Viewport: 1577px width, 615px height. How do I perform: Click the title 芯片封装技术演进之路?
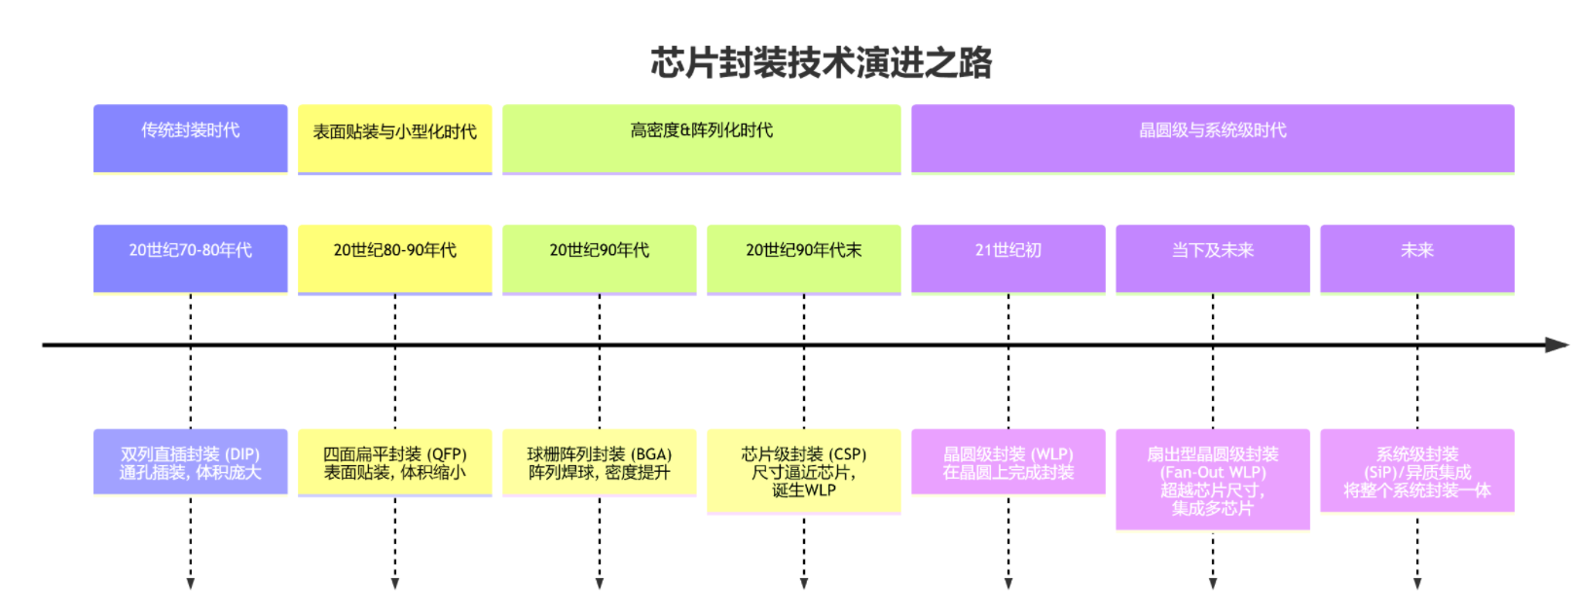pyautogui.click(x=821, y=62)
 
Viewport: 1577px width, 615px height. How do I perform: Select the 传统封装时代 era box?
pyautogui.click(x=191, y=137)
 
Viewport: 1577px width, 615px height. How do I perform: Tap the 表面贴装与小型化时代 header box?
pyautogui.click(x=395, y=138)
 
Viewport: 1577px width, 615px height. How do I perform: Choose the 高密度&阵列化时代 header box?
pyautogui.click(x=702, y=138)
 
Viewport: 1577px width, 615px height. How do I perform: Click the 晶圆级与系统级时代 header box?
pyautogui.click(x=1213, y=137)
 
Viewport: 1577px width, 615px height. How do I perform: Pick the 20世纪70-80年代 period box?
pyautogui.click(x=191, y=258)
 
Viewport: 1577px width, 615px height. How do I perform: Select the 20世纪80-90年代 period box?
pyautogui.click(x=395, y=258)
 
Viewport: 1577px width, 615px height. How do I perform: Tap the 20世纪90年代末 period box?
pyautogui.click(x=804, y=258)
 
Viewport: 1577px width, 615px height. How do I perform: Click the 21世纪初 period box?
pyautogui.click(x=1009, y=258)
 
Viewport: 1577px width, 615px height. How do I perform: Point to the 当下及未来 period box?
pyautogui.click(x=1213, y=258)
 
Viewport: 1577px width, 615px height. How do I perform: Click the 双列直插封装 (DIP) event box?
pyautogui.click(x=191, y=462)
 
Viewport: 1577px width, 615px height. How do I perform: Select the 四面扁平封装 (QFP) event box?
pyautogui.click(x=395, y=462)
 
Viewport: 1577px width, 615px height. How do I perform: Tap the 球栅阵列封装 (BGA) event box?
pyautogui.click(x=600, y=462)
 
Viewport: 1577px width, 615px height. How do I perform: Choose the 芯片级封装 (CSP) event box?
pyautogui.click(x=804, y=471)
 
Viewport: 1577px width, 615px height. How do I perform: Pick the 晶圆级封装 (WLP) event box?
pyautogui.click(x=1009, y=462)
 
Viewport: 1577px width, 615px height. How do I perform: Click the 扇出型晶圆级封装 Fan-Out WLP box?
pyautogui.click(x=1213, y=480)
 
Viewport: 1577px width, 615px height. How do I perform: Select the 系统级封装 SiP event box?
pyautogui.click(x=1417, y=471)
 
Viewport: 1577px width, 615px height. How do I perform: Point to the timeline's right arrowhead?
pyautogui.click(x=1558, y=344)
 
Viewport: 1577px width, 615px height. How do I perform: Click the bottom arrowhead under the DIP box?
pyautogui.click(x=191, y=584)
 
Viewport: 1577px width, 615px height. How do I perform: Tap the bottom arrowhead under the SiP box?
pyautogui.click(x=1417, y=584)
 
